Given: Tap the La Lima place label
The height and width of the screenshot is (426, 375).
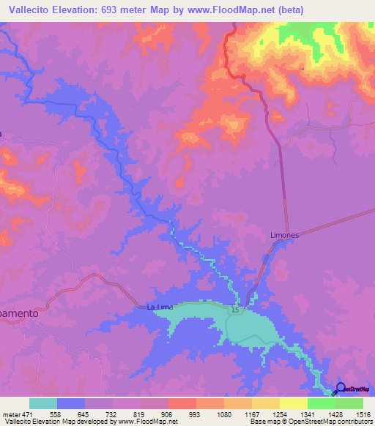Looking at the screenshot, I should [x=160, y=307].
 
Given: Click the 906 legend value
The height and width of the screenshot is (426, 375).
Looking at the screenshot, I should [x=168, y=414].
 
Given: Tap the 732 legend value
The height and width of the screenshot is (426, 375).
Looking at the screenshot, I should [x=112, y=414].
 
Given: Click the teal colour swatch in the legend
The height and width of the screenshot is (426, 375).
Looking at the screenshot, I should [x=43, y=403].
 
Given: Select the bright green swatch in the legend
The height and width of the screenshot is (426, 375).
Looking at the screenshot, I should [x=321, y=403].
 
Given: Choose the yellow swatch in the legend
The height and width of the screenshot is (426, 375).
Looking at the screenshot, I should [x=293, y=403].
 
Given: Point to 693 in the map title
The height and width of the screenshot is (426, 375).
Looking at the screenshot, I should [x=107, y=9].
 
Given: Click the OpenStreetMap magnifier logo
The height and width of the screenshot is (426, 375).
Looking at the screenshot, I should [x=338, y=389].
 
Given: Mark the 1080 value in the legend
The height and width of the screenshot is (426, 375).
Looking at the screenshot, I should [x=223, y=414].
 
